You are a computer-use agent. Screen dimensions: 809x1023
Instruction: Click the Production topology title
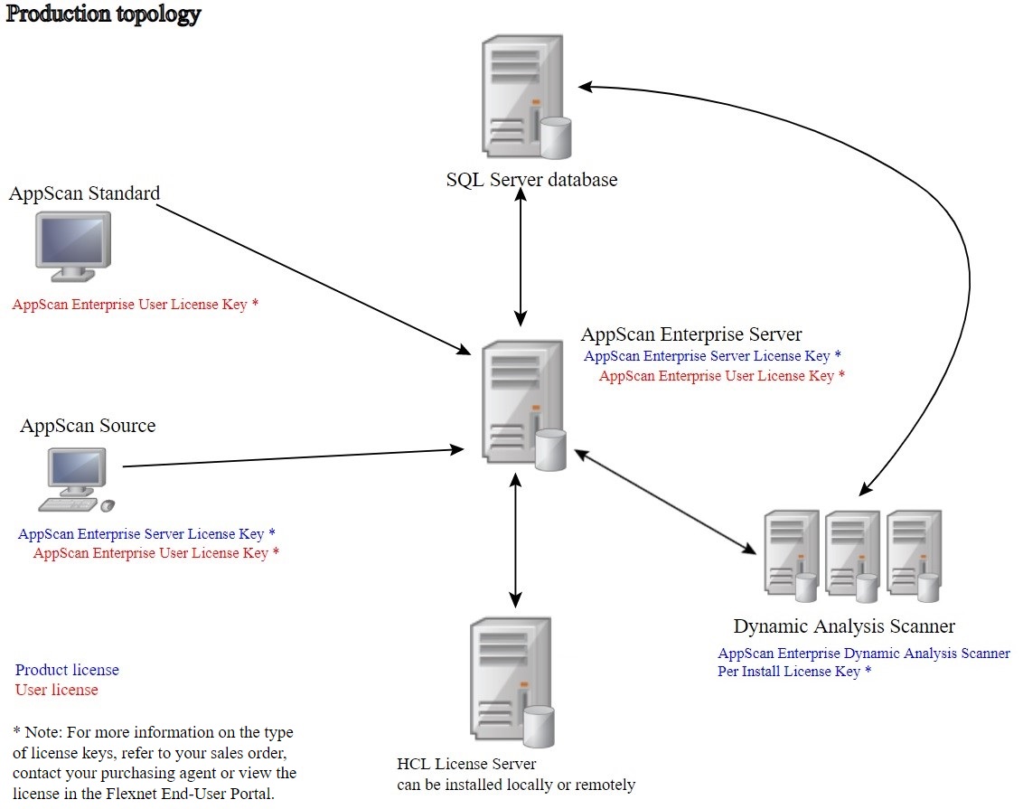[x=104, y=14]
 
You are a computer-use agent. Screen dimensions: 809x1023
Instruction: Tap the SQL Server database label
[x=531, y=180]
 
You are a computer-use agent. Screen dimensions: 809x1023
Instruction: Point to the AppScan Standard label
[x=84, y=193]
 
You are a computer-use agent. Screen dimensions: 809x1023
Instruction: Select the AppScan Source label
[x=88, y=426]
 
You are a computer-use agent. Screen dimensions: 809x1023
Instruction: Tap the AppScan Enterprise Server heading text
[x=691, y=335]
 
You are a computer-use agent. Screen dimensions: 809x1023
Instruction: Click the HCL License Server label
[x=466, y=765]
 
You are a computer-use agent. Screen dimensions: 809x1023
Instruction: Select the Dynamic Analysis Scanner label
[x=844, y=626]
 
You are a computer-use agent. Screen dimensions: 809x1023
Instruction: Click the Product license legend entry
[x=67, y=670]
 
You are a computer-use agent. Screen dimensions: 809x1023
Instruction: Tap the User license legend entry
[x=56, y=690]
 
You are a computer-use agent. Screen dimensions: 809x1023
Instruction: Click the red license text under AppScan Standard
[x=136, y=305]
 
